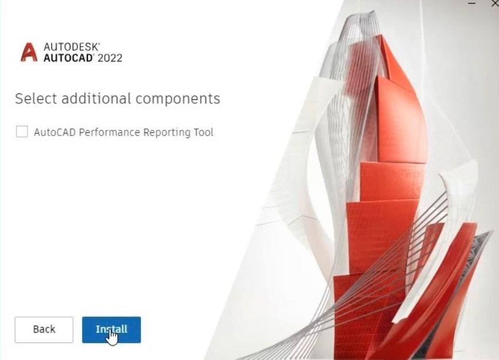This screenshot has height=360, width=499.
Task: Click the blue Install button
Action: point(112,330)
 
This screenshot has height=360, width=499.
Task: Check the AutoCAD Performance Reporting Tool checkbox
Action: point(22,132)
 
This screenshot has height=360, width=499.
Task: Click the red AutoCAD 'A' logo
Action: point(29,52)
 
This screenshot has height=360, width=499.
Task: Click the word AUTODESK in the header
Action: point(72,47)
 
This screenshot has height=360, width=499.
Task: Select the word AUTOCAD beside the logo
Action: point(69,58)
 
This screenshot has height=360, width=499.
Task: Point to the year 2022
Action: point(110,58)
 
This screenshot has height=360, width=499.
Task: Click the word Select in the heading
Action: point(36,99)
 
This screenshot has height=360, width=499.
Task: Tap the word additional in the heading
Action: point(96,99)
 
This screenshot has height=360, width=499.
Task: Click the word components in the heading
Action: point(178,99)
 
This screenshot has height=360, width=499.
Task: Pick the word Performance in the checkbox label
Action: point(109,132)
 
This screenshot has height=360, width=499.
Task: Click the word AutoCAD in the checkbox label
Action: point(55,132)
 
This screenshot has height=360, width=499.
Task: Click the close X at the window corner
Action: point(495,3)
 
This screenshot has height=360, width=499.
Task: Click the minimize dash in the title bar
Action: point(472,3)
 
